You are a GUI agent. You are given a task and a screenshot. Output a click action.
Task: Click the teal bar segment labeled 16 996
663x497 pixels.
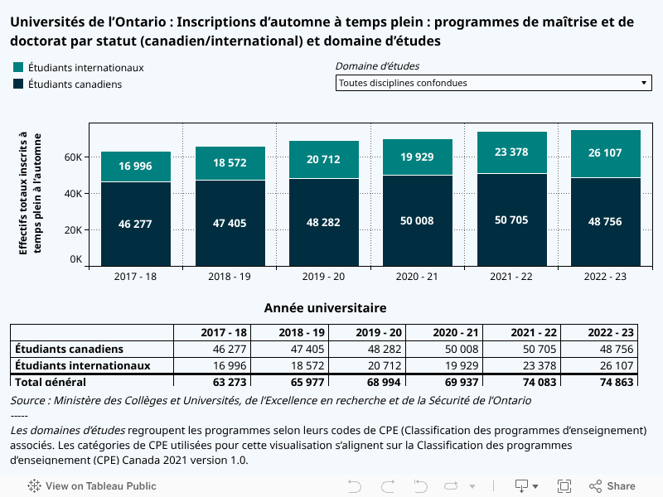pyautogui.click(x=136, y=166)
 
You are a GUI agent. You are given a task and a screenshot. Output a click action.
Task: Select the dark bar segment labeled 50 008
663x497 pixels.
pyautogui.click(x=418, y=221)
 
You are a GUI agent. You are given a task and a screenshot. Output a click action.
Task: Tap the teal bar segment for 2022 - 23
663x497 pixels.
pyautogui.click(x=606, y=153)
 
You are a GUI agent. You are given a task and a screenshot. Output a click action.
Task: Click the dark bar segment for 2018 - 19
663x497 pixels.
pyautogui.click(x=230, y=223)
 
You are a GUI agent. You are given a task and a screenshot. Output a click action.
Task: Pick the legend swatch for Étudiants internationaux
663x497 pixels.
pyautogui.click(x=18, y=67)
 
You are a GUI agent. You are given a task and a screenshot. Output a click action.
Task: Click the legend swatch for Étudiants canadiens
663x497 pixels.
pyautogui.click(x=18, y=84)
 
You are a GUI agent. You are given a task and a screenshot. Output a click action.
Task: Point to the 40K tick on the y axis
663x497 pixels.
pyautogui.click(x=74, y=194)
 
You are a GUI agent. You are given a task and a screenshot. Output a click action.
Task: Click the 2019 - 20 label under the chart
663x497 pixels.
pyautogui.click(x=324, y=276)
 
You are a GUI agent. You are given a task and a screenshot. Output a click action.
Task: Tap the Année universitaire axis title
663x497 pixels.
pyautogui.click(x=325, y=308)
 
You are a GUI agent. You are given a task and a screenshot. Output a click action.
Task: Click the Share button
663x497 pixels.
pyautogui.click(x=612, y=486)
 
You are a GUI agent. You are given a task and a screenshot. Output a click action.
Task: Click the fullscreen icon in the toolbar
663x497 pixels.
pyautogui.click(x=564, y=486)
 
